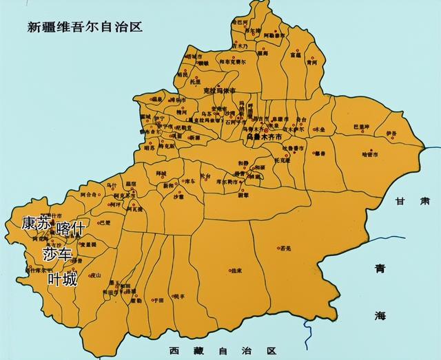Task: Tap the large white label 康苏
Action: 36,223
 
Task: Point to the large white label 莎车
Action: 57,254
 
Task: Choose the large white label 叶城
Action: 63,279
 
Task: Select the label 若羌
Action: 287,248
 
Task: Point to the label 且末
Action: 236,271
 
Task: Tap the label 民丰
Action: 179,296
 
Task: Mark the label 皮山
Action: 96,275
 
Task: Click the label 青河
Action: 313,62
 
